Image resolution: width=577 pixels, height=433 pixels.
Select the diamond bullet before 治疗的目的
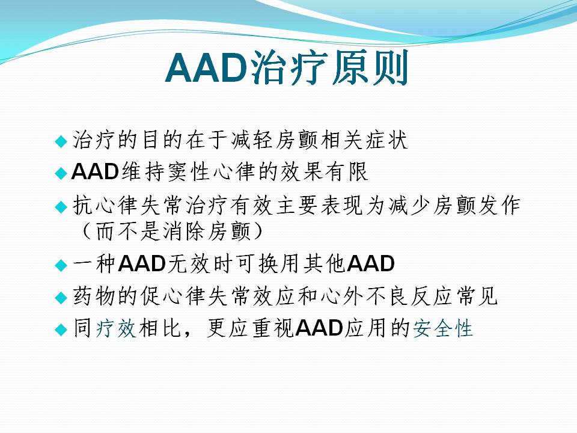click(x=61, y=141)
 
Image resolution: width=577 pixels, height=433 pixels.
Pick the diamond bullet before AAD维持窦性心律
click(x=61, y=173)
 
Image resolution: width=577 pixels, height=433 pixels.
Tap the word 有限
click(x=347, y=171)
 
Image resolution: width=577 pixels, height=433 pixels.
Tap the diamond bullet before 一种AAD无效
click(x=61, y=265)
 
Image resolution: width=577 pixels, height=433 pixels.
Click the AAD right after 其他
click(x=371, y=263)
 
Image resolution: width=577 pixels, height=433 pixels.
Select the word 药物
click(x=94, y=296)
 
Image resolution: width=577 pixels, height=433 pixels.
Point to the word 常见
click(x=477, y=296)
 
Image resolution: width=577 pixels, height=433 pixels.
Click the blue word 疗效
click(x=116, y=328)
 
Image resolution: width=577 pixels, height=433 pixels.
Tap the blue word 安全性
click(x=442, y=328)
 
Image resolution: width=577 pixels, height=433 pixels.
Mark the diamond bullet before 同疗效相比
click(x=61, y=329)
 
